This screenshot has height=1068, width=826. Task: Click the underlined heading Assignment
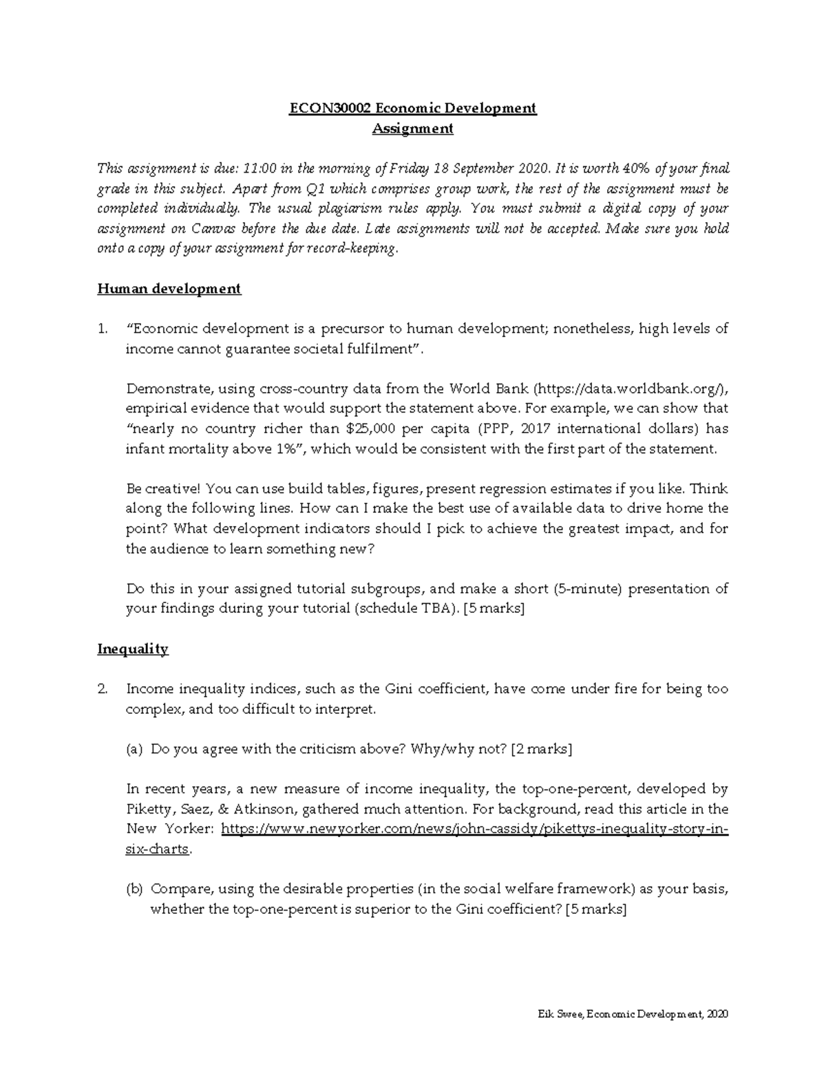tap(412, 128)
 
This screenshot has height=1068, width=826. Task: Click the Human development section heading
tap(169, 289)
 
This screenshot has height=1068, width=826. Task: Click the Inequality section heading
tap(133, 649)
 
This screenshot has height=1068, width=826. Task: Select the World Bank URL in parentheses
tap(631, 389)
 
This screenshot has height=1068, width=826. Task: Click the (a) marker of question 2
tap(134, 750)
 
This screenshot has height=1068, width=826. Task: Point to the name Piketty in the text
tap(147, 809)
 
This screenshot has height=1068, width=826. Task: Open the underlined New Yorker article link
tap(474, 829)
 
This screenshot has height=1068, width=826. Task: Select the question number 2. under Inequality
tap(103, 689)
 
